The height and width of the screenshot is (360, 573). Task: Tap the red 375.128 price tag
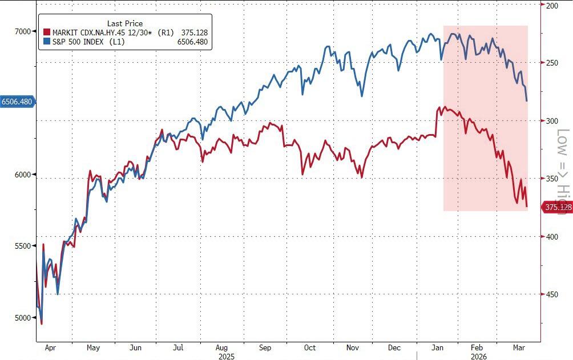coord(558,208)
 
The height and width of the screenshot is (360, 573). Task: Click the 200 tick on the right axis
coord(551,6)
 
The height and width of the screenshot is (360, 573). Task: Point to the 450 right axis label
coord(551,294)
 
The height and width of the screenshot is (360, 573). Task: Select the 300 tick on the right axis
coord(551,121)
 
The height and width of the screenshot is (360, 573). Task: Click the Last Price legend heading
coord(125,23)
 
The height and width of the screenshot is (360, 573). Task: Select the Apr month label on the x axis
coord(50,347)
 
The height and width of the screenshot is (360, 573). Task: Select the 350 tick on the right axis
coord(551,179)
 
